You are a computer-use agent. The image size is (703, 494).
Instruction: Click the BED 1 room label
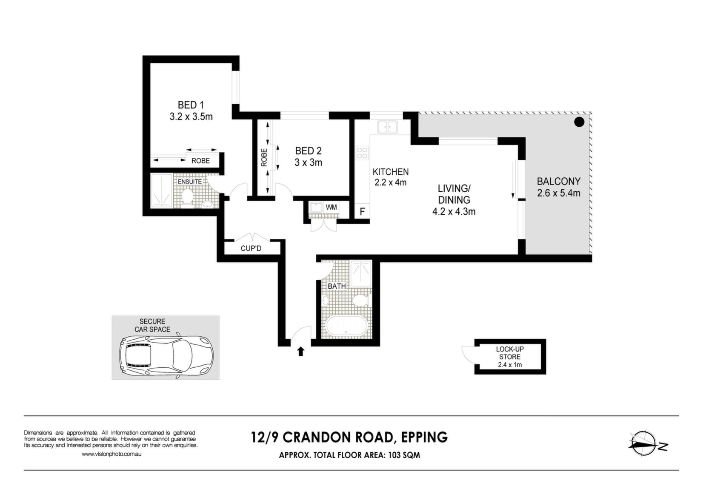(x=191, y=105)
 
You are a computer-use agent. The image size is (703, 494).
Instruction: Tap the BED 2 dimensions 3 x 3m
(x=308, y=163)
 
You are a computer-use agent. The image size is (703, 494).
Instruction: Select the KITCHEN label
(x=390, y=172)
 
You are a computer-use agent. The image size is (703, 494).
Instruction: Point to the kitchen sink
(x=388, y=127)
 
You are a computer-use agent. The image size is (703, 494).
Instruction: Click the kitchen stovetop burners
(x=362, y=153)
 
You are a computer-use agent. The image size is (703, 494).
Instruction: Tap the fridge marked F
(x=362, y=212)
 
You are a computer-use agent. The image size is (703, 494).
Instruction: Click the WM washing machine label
(x=331, y=207)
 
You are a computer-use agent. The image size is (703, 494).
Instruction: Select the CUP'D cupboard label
(x=251, y=249)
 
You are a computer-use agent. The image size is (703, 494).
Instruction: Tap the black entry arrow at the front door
(x=301, y=351)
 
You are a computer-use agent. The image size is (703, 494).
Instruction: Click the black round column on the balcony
(x=579, y=122)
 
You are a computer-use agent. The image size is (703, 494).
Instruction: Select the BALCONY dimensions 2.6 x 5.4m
(x=559, y=193)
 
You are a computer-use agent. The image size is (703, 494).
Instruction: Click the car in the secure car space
(x=166, y=356)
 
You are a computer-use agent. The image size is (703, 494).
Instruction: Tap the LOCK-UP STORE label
(x=510, y=353)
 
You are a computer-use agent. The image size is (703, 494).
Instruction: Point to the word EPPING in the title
(x=425, y=437)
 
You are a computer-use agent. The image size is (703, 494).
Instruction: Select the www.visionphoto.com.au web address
(x=111, y=454)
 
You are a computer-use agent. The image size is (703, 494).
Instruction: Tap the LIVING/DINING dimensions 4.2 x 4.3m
(x=454, y=212)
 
